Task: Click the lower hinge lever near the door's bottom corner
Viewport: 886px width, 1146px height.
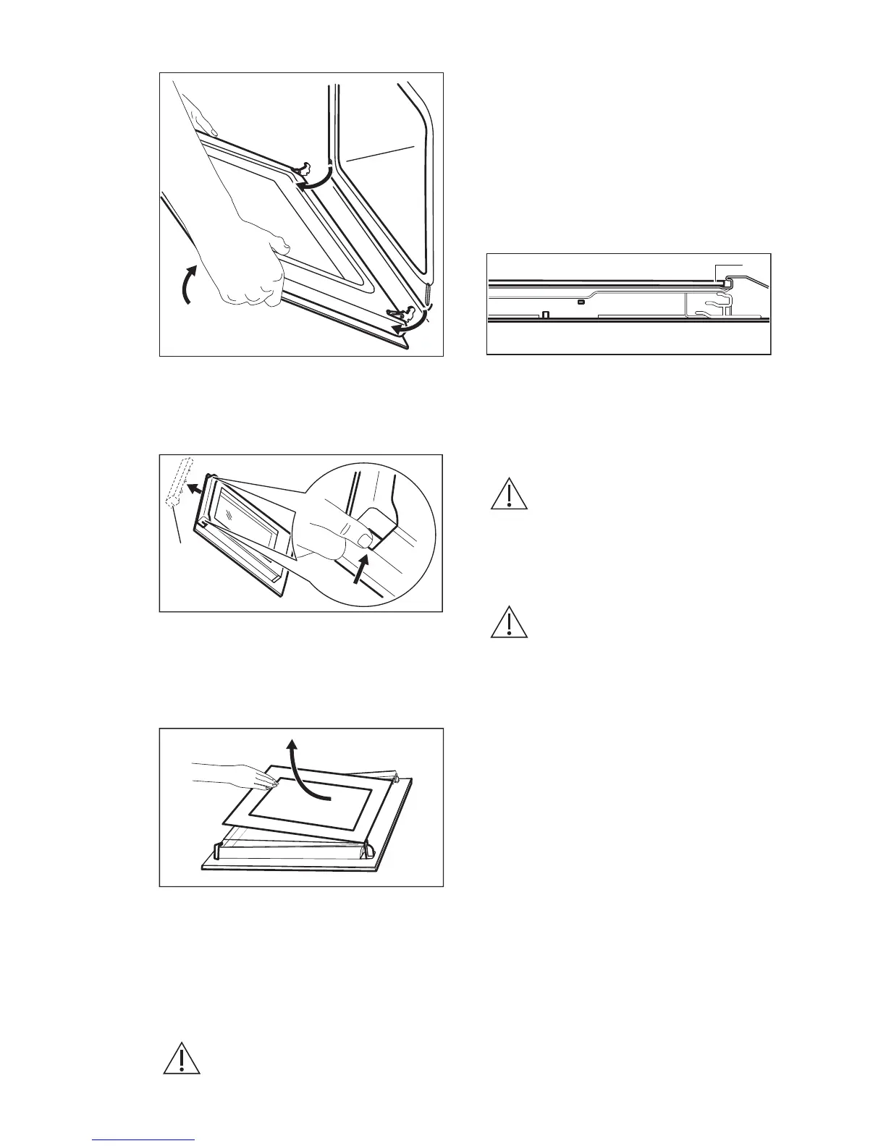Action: [x=400, y=313]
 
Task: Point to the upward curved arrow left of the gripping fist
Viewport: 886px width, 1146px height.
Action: [x=187, y=286]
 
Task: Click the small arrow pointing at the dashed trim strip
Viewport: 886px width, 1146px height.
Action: [x=193, y=488]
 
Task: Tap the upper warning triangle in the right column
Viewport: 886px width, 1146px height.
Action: [x=510, y=495]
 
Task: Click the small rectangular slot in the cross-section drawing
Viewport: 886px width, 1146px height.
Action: [x=581, y=300]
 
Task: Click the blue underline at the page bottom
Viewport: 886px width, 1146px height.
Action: [x=144, y=1141]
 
